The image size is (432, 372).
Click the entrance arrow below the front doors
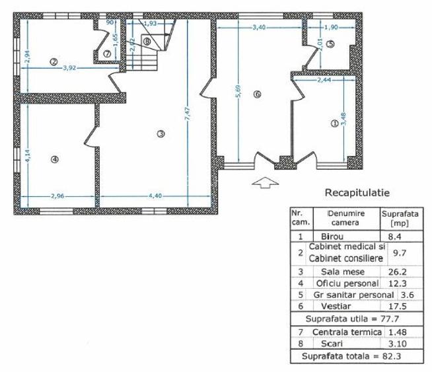(262, 183)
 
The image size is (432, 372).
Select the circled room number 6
(258, 94)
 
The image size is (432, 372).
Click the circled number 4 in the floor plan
(55, 159)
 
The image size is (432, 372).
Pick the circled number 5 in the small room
(330, 44)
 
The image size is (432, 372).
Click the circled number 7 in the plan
(107, 53)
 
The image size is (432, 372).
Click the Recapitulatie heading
(357, 193)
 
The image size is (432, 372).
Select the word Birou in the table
(333, 236)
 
